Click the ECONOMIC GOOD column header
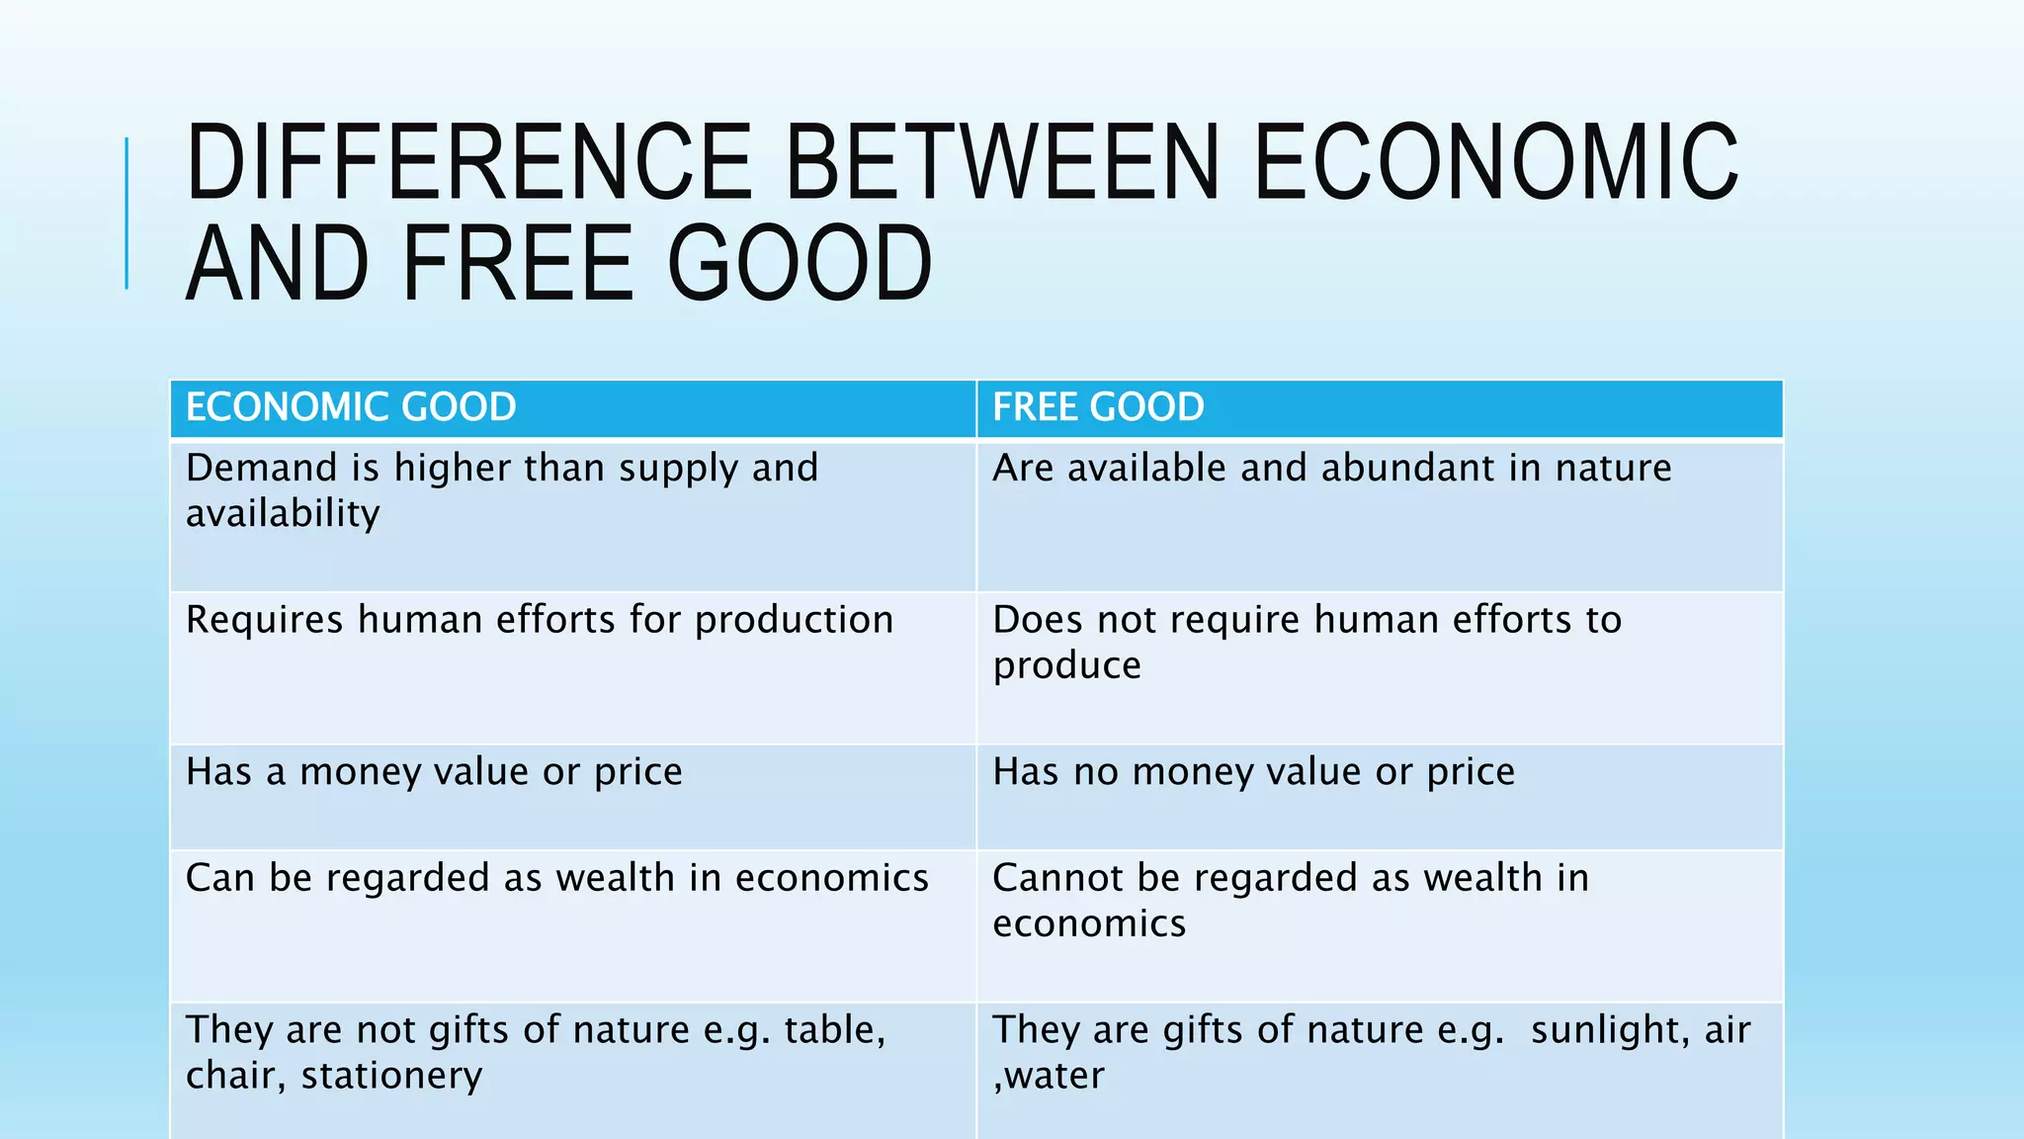point(351,407)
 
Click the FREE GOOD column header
point(1098,407)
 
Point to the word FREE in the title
point(517,264)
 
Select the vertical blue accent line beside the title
point(126,213)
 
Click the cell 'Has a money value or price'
point(434,772)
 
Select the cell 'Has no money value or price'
point(1253,772)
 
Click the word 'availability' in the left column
point(283,514)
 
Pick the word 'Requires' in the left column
point(264,621)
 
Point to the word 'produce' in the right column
point(1066,666)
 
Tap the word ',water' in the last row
point(1049,1076)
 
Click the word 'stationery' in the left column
point(391,1076)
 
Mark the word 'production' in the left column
point(794,621)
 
